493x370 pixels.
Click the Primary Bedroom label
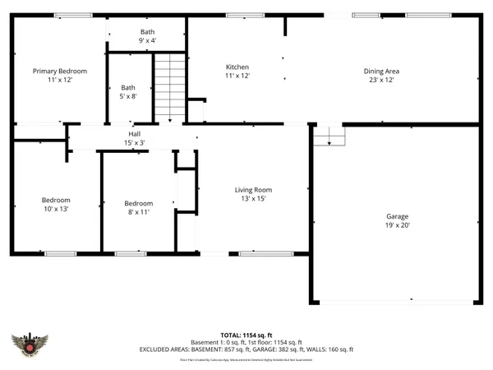(x=60, y=72)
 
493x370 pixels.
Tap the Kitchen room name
(x=237, y=67)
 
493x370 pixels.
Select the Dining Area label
(x=381, y=72)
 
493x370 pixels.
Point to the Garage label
(x=397, y=217)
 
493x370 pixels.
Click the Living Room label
(x=253, y=189)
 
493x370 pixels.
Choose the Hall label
(x=134, y=134)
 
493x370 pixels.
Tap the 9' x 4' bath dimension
(x=148, y=39)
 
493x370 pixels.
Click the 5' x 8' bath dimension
(x=128, y=96)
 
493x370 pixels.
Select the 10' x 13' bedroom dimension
(x=56, y=209)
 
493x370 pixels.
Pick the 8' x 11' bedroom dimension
(x=138, y=212)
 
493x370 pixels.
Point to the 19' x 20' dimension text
(x=397, y=225)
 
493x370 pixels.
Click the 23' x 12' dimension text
(x=381, y=80)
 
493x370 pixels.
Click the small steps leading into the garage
(x=328, y=136)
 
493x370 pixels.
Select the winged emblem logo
(x=30, y=346)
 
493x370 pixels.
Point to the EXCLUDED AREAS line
(x=246, y=349)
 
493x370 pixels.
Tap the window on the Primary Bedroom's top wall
(x=68, y=15)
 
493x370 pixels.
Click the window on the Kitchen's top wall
(x=239, y=15)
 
